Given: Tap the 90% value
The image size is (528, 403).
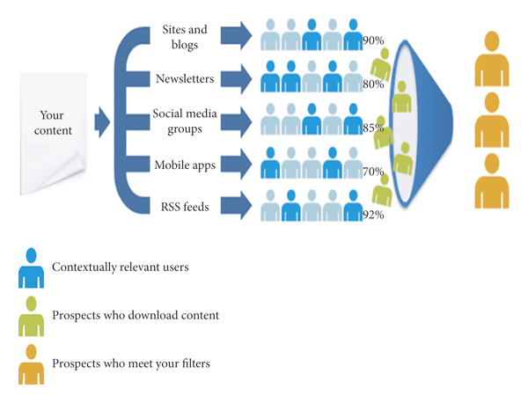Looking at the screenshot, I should point(373,41).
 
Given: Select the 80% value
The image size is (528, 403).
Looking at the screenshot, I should point(373,84).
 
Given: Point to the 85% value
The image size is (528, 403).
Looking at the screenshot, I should point(373,128).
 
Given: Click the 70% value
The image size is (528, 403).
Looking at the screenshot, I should point(373,171).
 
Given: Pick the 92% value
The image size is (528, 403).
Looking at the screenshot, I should point(373,214).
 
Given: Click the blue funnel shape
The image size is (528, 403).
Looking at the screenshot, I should point(422,123).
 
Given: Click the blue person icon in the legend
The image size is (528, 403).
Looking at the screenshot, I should point(31,268).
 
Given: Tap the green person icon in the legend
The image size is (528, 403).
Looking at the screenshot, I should point(31,316).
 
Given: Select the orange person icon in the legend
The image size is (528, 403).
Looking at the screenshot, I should point(31,363).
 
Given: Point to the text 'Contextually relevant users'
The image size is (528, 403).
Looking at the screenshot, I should point(121,267).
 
